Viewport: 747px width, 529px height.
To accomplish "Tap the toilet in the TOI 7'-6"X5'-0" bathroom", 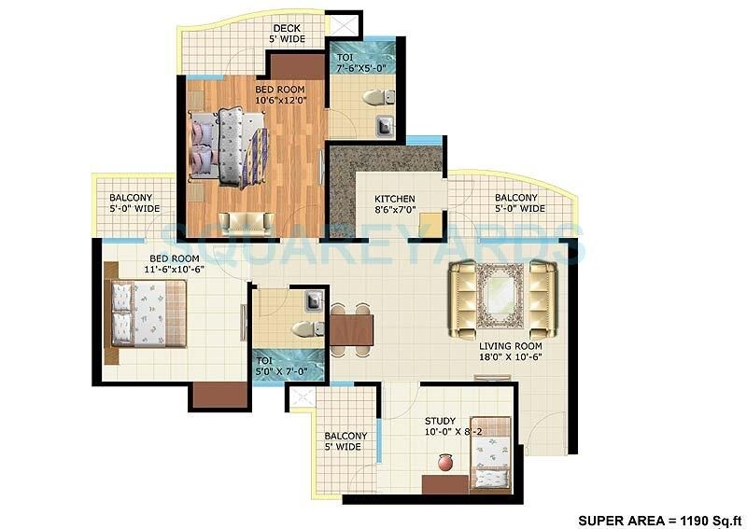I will (375, 95).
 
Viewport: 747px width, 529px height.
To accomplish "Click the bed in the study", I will (490, 452).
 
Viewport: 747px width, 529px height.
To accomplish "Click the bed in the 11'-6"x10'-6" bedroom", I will (147, 313).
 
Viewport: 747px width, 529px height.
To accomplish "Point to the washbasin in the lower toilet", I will (314, 299).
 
